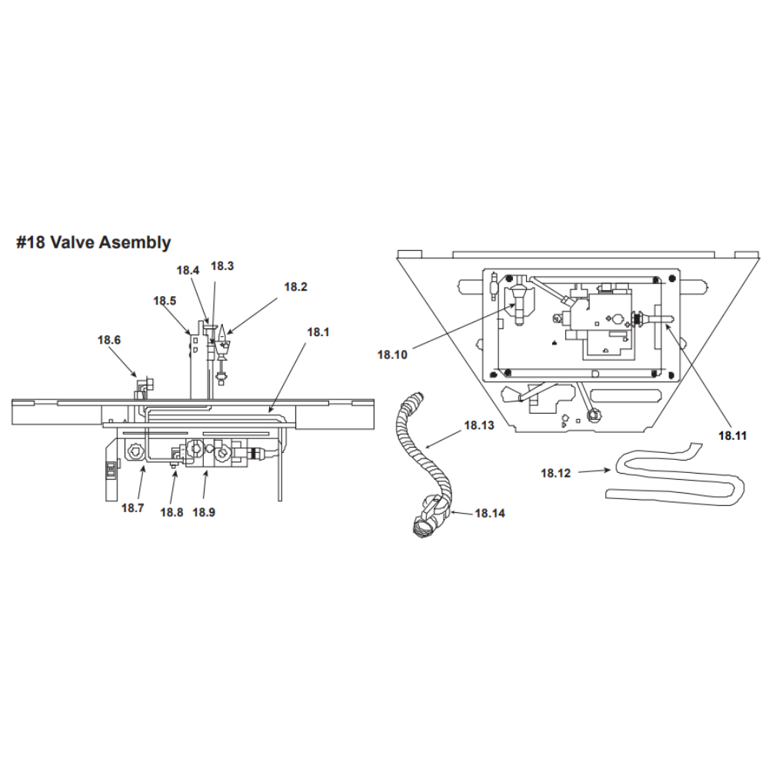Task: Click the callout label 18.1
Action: coord(318,332)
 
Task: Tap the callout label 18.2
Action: coord(296,287)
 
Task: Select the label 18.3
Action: coord(222,266)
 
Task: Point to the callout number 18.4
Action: coord(188,270)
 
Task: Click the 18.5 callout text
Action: coord(165,301)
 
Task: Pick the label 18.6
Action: coord(109,340)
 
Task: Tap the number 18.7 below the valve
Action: coord(132,508)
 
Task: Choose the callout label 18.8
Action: coord(171,512)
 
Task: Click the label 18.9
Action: coord(204,512)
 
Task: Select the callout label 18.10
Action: coord(392,355)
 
